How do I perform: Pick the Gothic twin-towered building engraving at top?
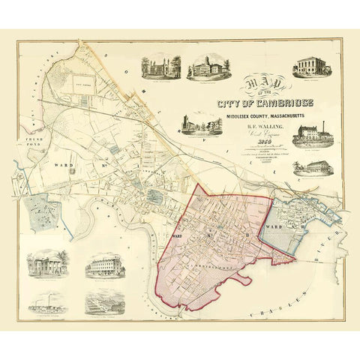coord(160,67)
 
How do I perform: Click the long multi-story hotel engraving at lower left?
coord(104,266)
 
